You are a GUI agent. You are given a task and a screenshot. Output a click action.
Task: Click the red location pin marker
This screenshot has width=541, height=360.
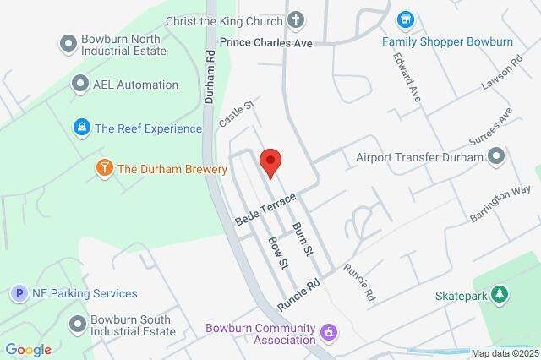pyautogui.click(x=270, y=161)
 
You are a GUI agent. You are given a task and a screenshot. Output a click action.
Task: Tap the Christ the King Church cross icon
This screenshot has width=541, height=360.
pyautogui.click(x=297, y=19)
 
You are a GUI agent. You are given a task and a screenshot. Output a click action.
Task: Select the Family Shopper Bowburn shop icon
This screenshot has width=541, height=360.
pyautogui.click(x=406, y=19)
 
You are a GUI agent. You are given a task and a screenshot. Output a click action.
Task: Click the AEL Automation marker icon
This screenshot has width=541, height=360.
pyautogui.click(x=80, y=84)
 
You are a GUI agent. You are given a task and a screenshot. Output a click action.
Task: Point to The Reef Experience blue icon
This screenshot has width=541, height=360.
pyautogui.click(x=81, y=128)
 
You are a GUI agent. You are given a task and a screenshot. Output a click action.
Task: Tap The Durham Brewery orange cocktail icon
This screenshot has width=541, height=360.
pyautogui.click(x=104, y=169)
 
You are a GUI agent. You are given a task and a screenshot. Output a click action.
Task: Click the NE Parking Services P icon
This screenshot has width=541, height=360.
pyautogui.click(x=18, y=294)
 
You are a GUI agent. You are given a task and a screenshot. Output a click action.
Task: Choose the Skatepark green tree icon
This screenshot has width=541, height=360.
pyautogui.click(x=501, y=294)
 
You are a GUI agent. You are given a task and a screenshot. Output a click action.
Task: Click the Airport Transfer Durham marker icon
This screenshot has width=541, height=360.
pyautogui.click(x=496, y=156)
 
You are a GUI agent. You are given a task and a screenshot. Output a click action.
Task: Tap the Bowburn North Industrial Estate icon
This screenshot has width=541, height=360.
pyautogui.click(x=68, y=42)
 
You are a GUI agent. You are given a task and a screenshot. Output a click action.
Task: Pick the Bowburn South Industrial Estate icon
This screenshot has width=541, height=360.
pyautogui.click(x=79, y=324)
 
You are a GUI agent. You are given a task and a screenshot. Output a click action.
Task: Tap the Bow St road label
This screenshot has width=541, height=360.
pyautogui.click(x=278, y=252)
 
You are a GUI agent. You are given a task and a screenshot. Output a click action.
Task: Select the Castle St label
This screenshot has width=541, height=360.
pyautogui.click(x=237, y=114)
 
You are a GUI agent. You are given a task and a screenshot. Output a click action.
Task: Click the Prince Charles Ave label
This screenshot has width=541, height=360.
pyautogui.click(x=266, y=41)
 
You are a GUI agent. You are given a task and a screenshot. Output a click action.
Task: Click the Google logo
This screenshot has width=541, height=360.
pyautogui.click(x=27, y=350)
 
